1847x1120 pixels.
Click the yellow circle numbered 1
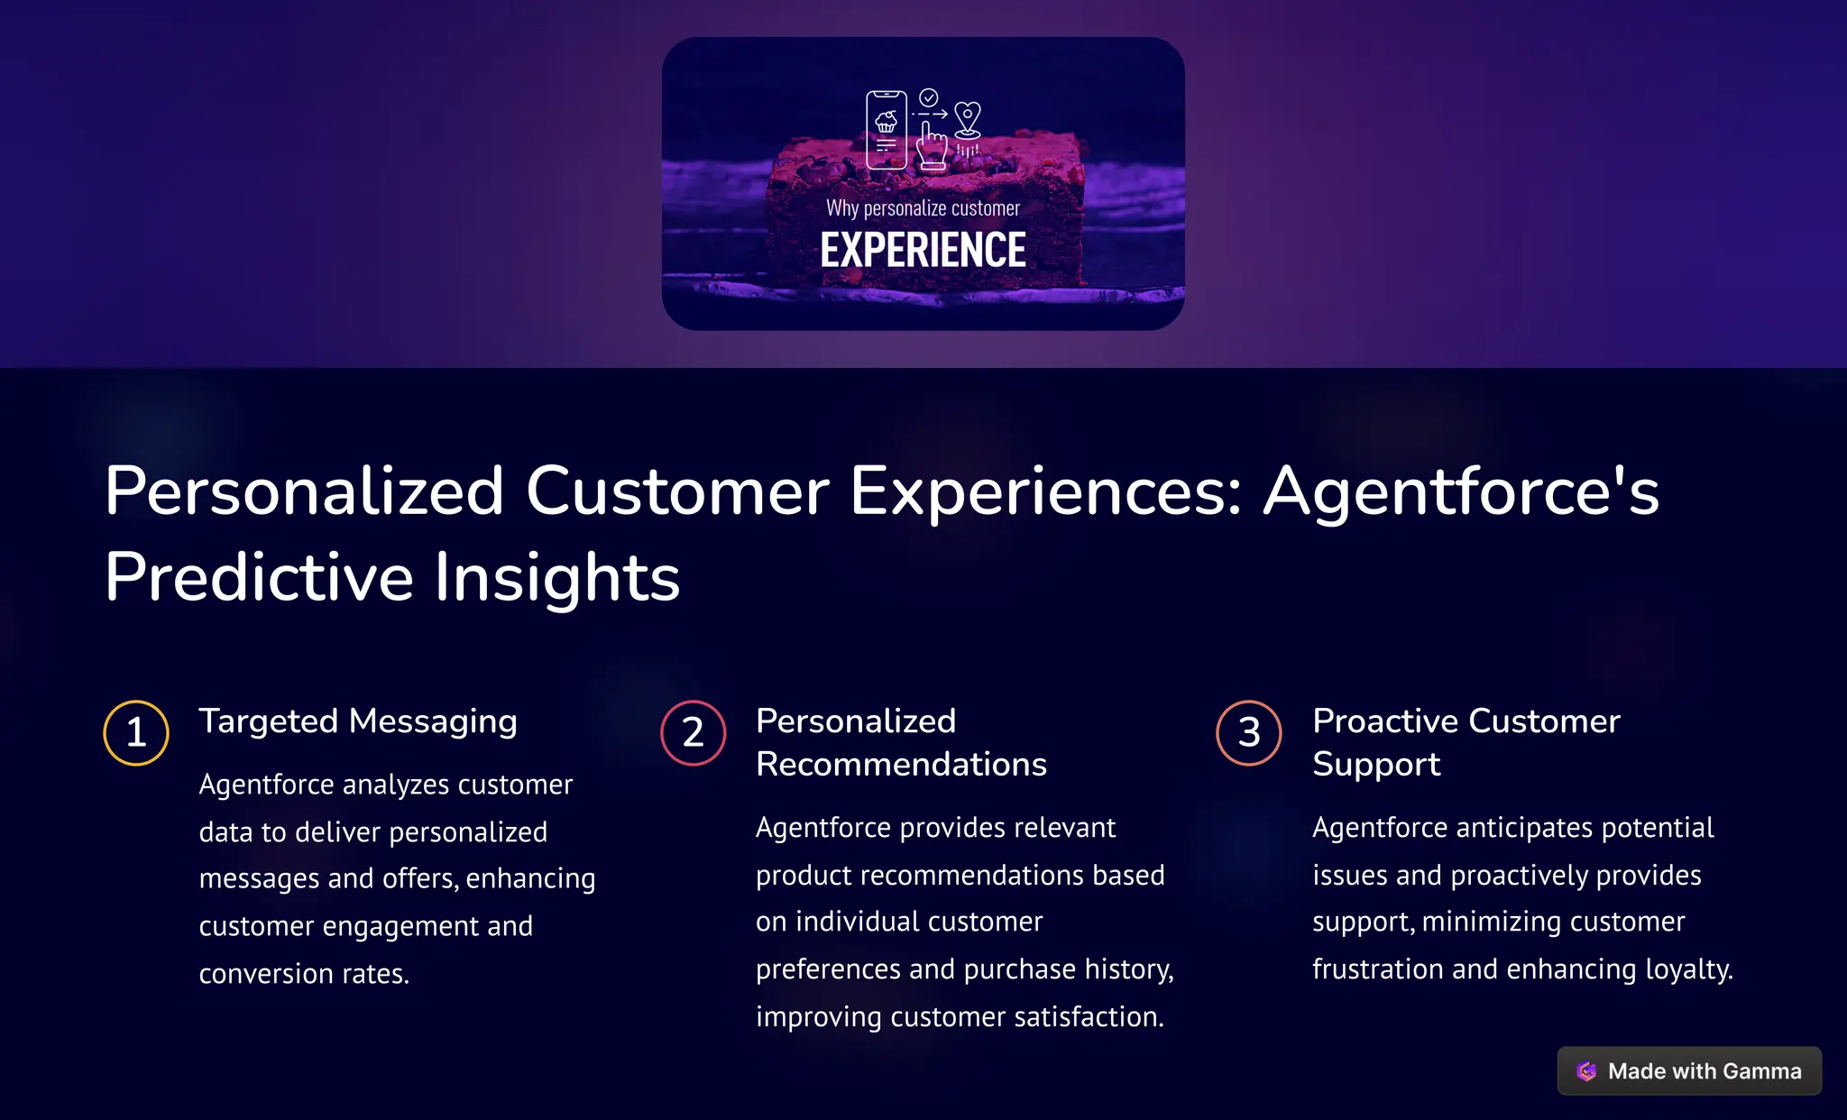tap(136, 732)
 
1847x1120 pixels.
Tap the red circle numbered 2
tap(693, 732)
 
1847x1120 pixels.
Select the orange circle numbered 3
tap(1249, 732)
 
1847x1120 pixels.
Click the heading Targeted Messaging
tap(358, 721)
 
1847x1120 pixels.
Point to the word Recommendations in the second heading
tap(901, 765)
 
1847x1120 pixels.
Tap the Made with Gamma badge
tap(1689, 1070)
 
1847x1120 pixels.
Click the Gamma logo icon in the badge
tap(1586, 1071)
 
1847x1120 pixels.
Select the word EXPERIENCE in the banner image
tap(923, 251)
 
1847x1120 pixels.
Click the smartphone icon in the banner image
tap(886, 131)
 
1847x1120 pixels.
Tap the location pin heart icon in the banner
tap(968, 119)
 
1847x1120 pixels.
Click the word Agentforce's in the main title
tap(1461, 491)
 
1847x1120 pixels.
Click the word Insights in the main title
tap(556, 577)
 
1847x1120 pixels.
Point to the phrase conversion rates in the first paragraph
tap(304, 974)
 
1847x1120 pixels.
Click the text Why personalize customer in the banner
tap(923, 208)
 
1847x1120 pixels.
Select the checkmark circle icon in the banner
tap(929, 97)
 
